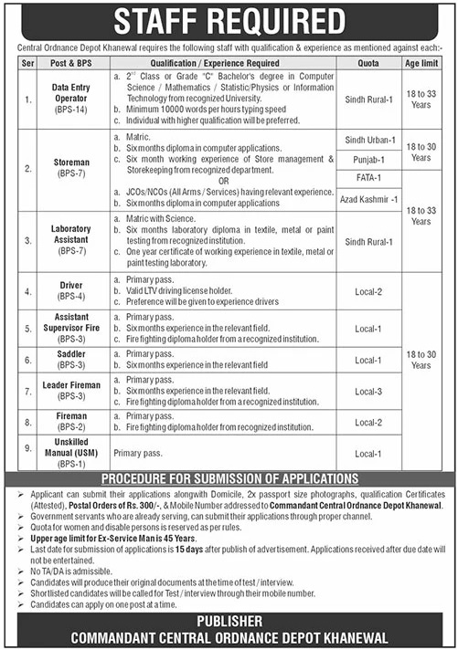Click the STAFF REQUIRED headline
(229, 21)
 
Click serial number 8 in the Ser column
(28, 421)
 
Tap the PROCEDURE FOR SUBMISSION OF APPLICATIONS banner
(229, 477)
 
